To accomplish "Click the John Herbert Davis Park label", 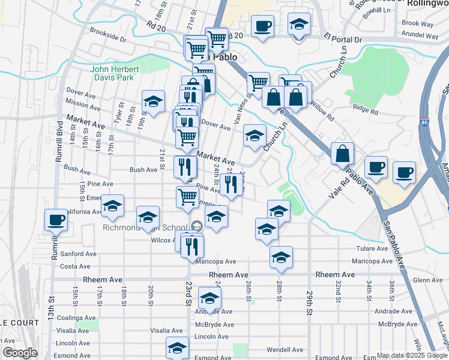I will point(115,73).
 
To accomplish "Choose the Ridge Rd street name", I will point(366,110).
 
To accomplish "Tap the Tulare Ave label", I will point(372,248).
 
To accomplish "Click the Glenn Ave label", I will point(427,280).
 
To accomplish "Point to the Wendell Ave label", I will point(285,350).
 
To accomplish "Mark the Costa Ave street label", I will point(75,266).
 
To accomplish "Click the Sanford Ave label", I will point(79,254).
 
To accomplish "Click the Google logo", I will point(20,353).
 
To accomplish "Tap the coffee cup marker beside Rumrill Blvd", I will point(56,220).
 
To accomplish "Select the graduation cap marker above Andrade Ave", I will point(209,298).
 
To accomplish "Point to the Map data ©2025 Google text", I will point(411,355).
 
